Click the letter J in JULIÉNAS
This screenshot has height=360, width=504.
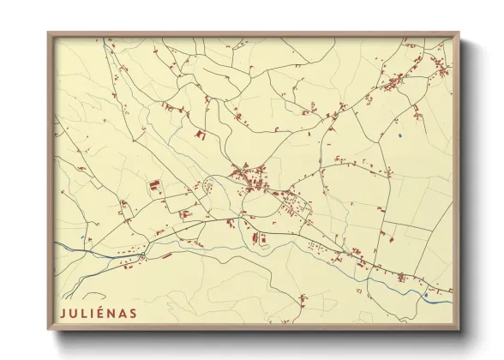63,313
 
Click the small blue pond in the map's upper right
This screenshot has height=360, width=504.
399,135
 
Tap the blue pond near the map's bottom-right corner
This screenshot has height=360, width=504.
426,296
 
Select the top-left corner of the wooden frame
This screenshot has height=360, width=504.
49,33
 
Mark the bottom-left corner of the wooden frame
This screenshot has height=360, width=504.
49,329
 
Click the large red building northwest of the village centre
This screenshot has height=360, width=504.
202,134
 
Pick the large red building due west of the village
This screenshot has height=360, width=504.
155,185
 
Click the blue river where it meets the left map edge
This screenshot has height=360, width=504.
58,245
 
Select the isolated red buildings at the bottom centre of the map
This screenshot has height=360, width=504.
303,300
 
